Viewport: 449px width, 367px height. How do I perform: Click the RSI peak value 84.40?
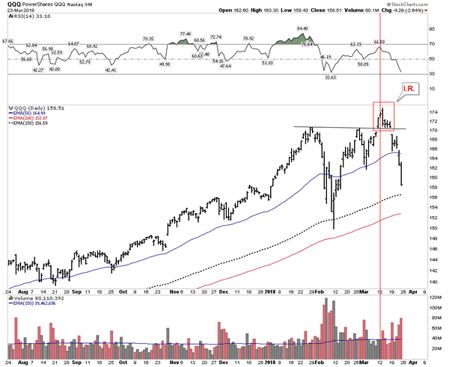click(x=302, y=29)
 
